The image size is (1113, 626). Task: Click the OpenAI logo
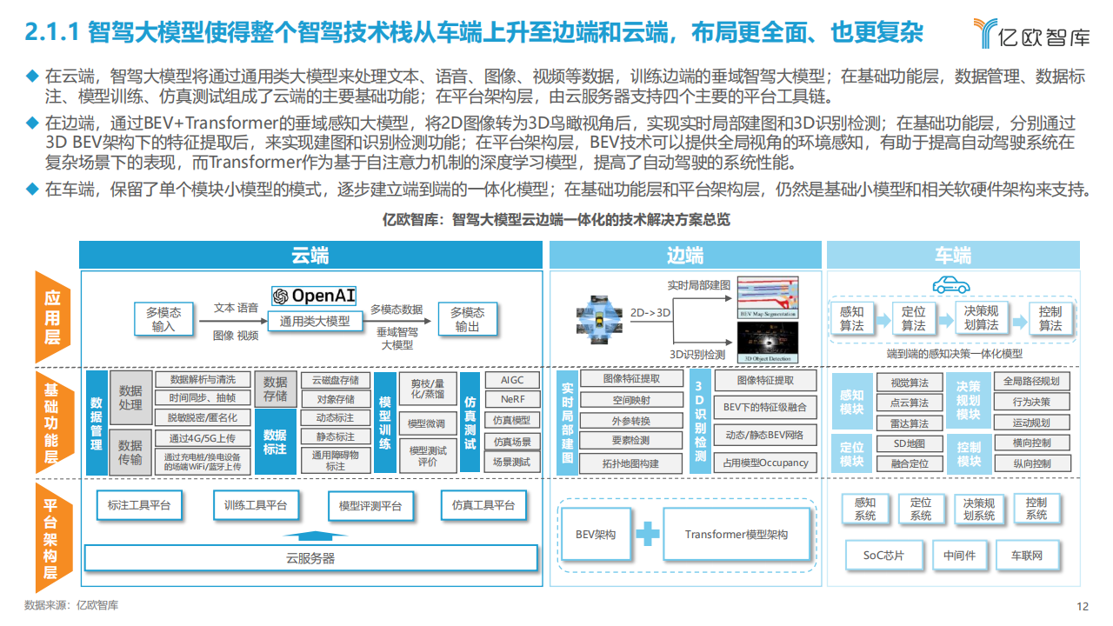tap(314, 296)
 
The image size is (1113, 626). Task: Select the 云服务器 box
tap(310, 558)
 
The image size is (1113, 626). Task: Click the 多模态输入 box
tap(163, 319)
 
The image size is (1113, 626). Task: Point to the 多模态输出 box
tap(467, 319)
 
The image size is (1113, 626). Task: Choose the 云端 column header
tap(310, 255)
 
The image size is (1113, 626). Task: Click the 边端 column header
tap(684, 255)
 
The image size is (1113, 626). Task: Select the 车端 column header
tap(953, 255)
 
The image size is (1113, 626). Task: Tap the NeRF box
tap(512, 400)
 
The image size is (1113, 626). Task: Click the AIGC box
tap(512, 380)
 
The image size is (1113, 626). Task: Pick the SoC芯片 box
tap(883, 556)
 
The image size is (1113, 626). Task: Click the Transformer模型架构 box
tap(736, 535)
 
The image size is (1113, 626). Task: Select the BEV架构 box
tap(596, 535)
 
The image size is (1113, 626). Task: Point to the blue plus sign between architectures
tap(647, 534)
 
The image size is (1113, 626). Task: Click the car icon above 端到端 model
tap(950, 285)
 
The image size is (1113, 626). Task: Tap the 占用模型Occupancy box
tap(765, 463)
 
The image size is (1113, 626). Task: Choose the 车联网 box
tap(1026, 556)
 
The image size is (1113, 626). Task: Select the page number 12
tap(1083, 607)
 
